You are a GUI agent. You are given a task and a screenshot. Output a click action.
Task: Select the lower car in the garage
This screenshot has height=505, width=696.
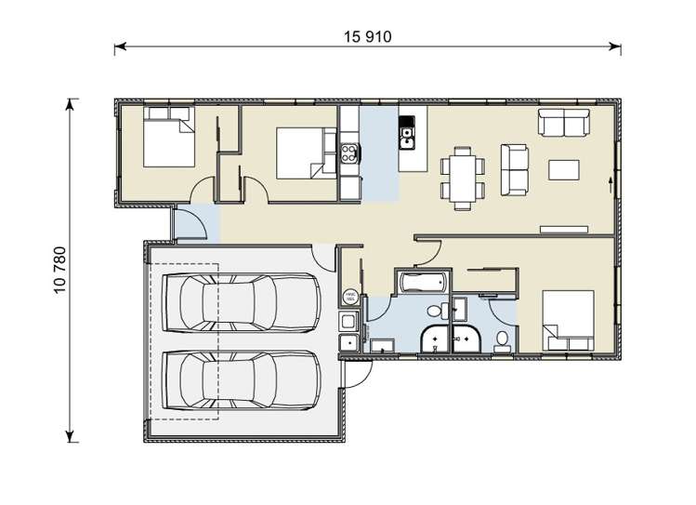[238, 379]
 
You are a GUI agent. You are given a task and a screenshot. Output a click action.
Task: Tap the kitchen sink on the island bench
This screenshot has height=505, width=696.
[406, 139]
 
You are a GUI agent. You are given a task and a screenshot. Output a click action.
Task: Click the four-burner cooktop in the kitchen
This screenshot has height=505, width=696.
[349, 153]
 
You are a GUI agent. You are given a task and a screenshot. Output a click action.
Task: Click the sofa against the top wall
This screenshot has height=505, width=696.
[563, 123]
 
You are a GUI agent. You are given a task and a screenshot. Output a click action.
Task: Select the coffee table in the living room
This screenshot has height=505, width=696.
[566, 169]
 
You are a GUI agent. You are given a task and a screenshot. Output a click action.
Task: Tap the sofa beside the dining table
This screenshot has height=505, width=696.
[514, 169]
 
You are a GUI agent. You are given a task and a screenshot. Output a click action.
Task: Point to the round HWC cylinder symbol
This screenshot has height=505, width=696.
[350, 297]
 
